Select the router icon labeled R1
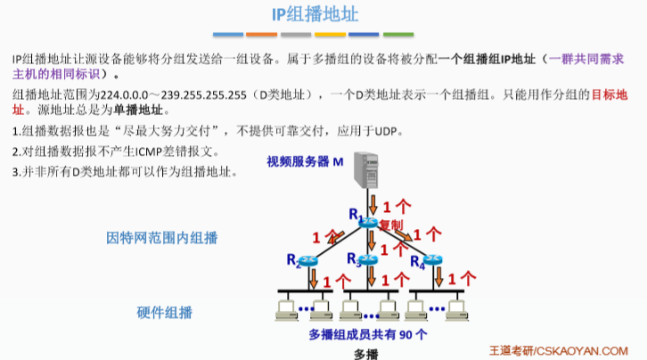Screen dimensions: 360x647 370,222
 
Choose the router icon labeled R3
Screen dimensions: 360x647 369,260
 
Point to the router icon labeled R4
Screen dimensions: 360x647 432,260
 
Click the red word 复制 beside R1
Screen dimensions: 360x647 391,224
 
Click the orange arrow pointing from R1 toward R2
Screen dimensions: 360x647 336,235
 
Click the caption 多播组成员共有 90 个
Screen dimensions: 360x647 368,335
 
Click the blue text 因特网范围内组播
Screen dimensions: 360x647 162,238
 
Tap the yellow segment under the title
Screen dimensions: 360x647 330,35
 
